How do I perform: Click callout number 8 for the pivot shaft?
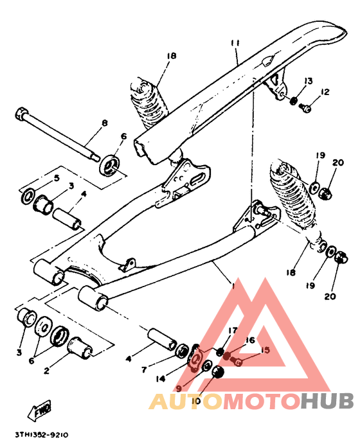[104, 123]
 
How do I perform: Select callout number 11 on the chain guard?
[235, 43]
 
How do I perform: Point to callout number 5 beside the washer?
[57, 178]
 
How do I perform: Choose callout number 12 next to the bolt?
[324, 93]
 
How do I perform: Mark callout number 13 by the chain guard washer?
[309, 81]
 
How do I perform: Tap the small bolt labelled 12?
[307, 109]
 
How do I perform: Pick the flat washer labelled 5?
[29, 195]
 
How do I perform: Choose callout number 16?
[251, 340]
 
